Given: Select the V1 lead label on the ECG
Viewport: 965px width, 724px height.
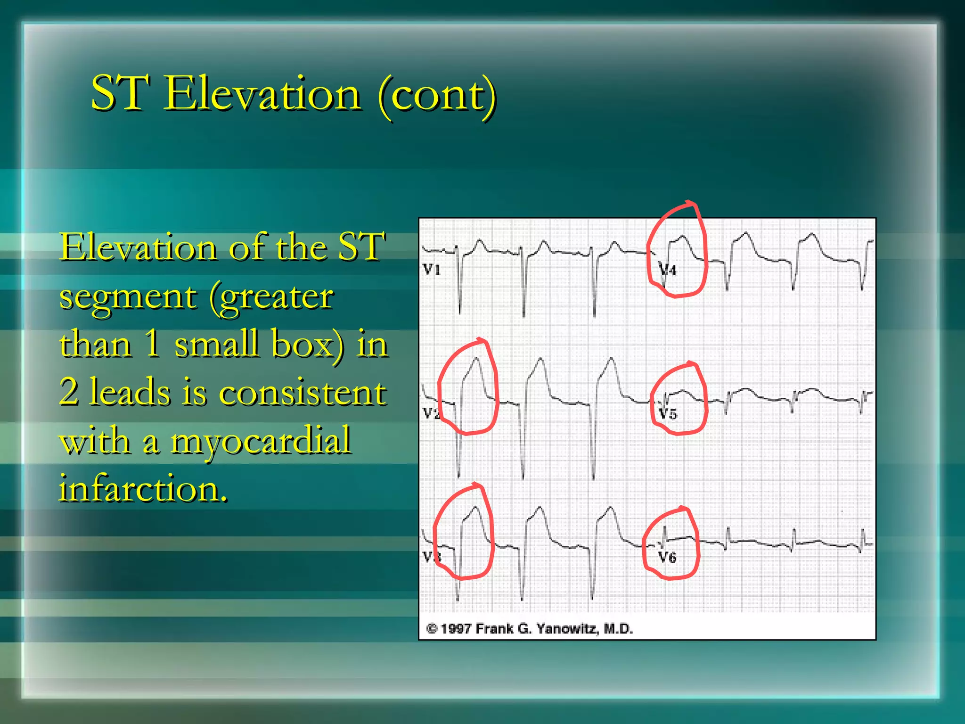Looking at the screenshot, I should (x=432, y=270).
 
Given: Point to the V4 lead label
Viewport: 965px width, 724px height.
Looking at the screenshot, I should (x=668, y=270).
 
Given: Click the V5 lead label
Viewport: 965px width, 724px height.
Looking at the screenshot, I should (x=668, y=414).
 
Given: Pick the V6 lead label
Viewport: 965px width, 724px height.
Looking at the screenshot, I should (x=667, y=558).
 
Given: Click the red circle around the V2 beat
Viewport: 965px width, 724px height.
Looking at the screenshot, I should (x=496, y=387).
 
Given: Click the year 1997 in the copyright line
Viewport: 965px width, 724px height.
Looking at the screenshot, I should (x=456, y=629).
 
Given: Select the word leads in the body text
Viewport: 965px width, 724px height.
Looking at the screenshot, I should (x=130, y=392).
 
